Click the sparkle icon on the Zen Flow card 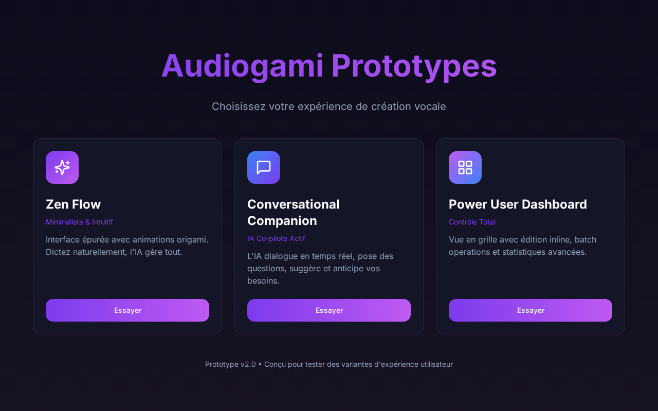click(x=62, y=167)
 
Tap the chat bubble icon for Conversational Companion click(x=264, y=167)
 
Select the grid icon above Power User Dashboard click(x=465, y=167)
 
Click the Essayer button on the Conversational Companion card click(x=329, y=310)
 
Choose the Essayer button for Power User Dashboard click(x=531, y=310)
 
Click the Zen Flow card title click(x=73, y=204)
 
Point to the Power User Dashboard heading click(x=518, y=204)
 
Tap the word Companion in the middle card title click(x=282, y=221)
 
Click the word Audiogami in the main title click(x=243, y=66)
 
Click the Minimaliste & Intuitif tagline click(x=79, y=222)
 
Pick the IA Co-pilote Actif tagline click(x=276, y=238)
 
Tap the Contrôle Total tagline click(x=472, y=222)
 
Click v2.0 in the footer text click(x=248, y=364)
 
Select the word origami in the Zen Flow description click(x=192, y=240)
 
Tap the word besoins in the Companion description click(x=263, y=281)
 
